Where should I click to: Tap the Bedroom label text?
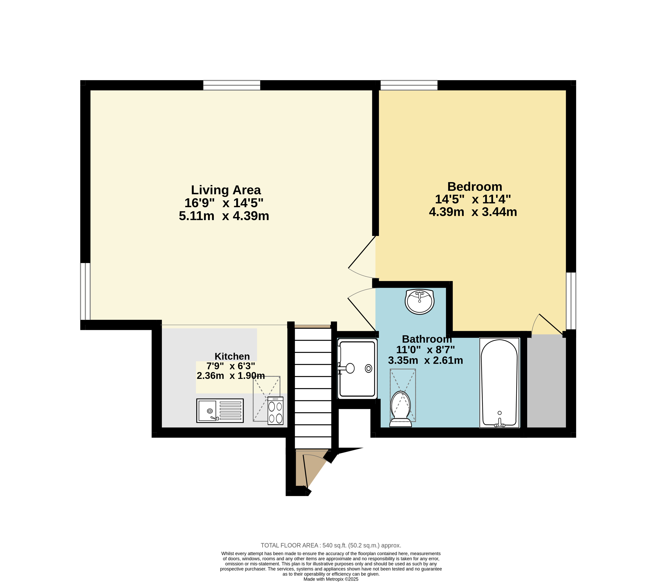(475, 187)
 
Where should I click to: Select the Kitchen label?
(232, 356)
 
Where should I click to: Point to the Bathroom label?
(427, 339)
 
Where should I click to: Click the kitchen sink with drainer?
(220, 411)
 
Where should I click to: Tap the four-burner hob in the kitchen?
(275, 411)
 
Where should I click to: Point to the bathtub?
(499, 383)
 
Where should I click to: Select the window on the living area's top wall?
(232, 85)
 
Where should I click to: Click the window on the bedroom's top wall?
(409, 85)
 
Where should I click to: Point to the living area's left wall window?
(85, 291)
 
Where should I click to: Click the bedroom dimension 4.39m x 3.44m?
(473, 212)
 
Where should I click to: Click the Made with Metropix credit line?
(331, 579)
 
